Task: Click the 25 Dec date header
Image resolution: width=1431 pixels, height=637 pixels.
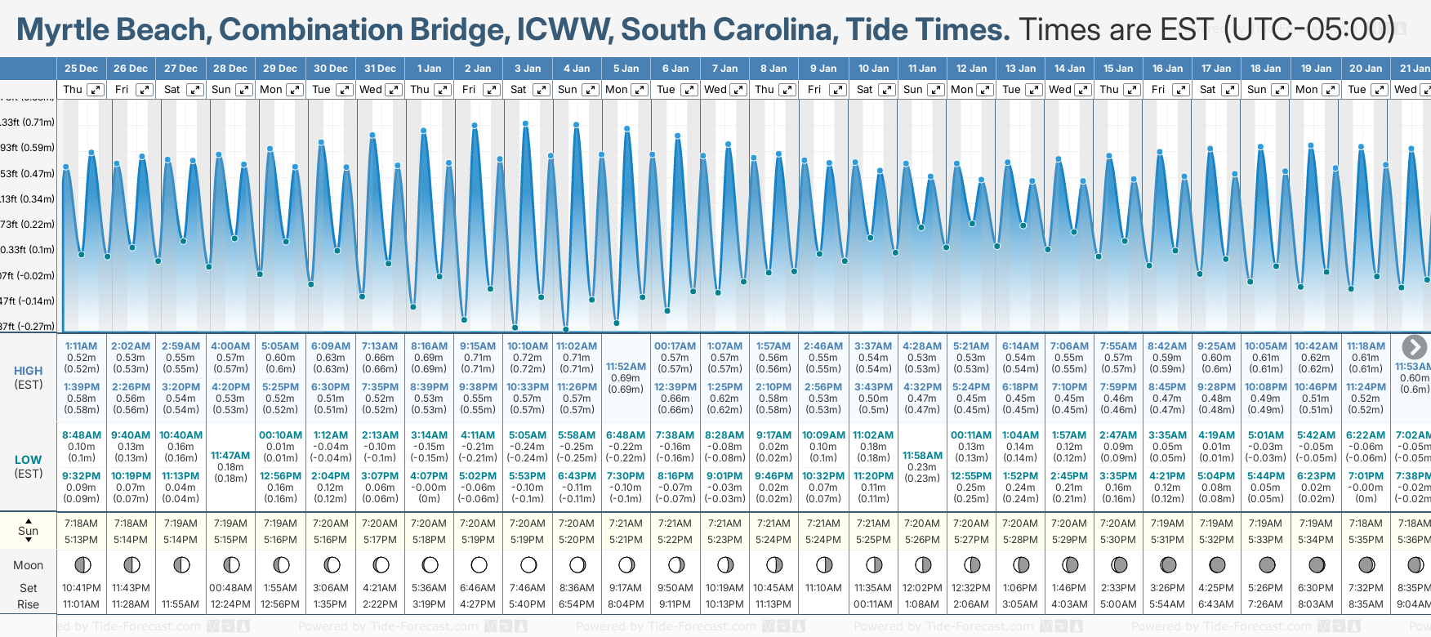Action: (81, 69)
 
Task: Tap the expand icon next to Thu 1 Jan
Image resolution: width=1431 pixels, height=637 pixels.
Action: (443, 90)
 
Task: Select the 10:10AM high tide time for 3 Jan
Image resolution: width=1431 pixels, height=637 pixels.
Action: (527, 346)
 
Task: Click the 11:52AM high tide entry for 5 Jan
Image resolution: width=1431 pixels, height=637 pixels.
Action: (626, 367)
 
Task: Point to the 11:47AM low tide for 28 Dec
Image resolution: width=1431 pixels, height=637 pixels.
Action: (230, 456)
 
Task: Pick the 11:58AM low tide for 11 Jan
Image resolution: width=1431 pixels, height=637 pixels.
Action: (922, 456)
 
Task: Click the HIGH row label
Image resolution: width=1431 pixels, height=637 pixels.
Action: (29, 371)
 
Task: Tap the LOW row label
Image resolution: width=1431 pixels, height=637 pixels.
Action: (29, 460)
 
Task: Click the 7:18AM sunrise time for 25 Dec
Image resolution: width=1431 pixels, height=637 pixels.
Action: (81, 523)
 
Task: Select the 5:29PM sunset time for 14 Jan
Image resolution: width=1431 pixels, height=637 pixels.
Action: (1069, 540)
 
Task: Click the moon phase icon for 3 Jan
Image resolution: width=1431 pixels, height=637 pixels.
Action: (528, 565)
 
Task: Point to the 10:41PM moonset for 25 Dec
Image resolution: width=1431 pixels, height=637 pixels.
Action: (81, 588)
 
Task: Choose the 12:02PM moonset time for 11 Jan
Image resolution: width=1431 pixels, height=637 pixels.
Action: (922, 588)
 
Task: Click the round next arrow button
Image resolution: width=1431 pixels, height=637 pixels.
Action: (1414, 347)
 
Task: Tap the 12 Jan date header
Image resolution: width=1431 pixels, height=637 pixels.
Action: (971, 69)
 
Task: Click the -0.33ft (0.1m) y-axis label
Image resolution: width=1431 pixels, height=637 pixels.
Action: (28, 250)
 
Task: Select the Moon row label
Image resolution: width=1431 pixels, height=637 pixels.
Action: (29, 565)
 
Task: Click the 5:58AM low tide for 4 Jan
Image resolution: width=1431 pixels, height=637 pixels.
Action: (576, 435)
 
